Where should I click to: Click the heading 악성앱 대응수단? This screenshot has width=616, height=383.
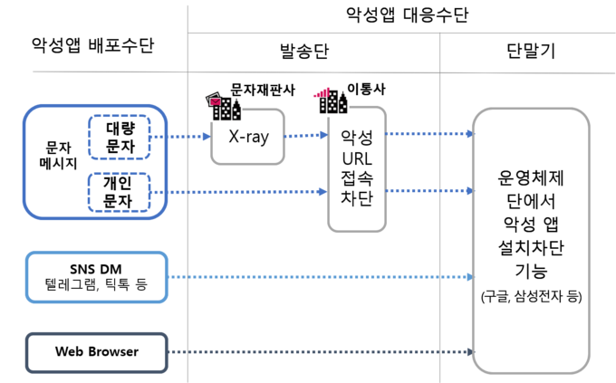coord(407,14)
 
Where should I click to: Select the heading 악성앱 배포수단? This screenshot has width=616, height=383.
coord(92,45)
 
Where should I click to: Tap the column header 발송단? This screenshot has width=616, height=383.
coord(304,51)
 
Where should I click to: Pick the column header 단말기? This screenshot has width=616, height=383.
coord(531,51)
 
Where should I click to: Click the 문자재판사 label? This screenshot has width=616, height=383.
coord(263,90)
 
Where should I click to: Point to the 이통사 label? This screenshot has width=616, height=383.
coord(366,89)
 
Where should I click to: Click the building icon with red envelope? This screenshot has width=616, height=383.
coord(223,106)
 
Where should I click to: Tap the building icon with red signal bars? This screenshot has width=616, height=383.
coord(331,101)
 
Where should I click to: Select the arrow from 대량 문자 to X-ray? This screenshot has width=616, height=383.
coord(180,137)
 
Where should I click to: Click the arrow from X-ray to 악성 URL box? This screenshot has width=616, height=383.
coord(306,136)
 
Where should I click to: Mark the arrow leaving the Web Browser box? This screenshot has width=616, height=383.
coord(321,351)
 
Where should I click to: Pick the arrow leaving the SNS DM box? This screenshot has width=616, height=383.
coord(321,277)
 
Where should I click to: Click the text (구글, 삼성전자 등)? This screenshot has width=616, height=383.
coord(531,296)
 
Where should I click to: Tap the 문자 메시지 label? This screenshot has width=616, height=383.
coord(58,155)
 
